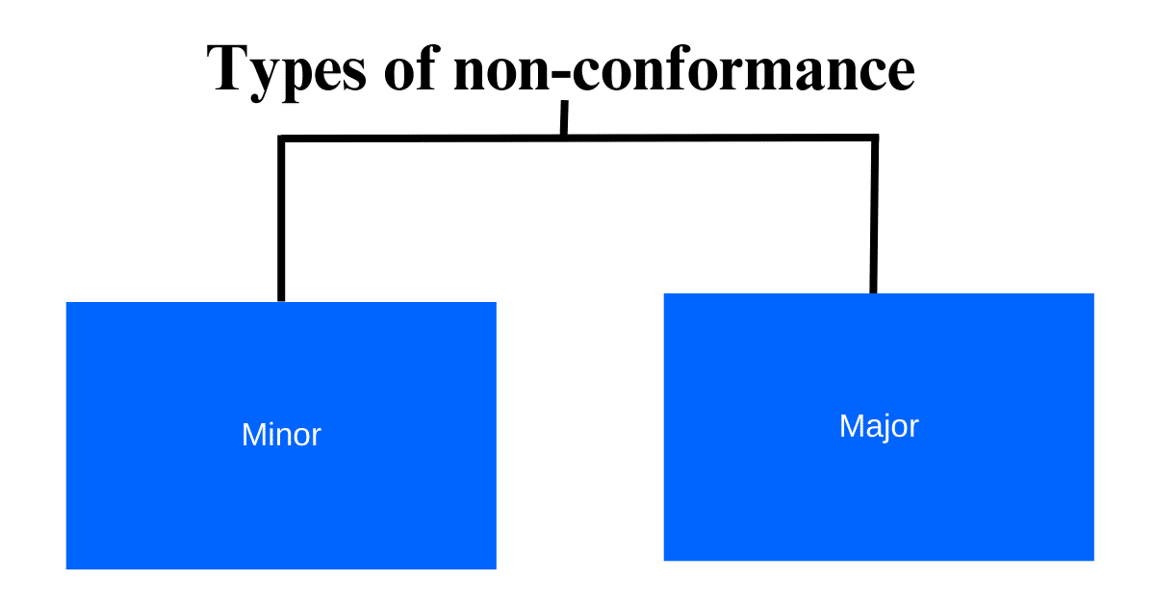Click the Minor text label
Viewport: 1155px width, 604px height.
pyautogui.click(x=281, y=435)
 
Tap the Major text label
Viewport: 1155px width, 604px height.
pyautogui.click(x=879, y=426)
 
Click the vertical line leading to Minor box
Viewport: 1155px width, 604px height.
pyautogui.click(x=282, y=221)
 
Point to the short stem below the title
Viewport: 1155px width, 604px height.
pyautogui.click(x=564, y=118)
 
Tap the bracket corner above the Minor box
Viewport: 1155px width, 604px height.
pyautogui.click(x=282, y=139)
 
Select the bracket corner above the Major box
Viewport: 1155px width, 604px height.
pyautogui.click(x=874, y=138)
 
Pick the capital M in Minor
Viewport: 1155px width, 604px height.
pyautogui.click(x=252, y=435)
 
